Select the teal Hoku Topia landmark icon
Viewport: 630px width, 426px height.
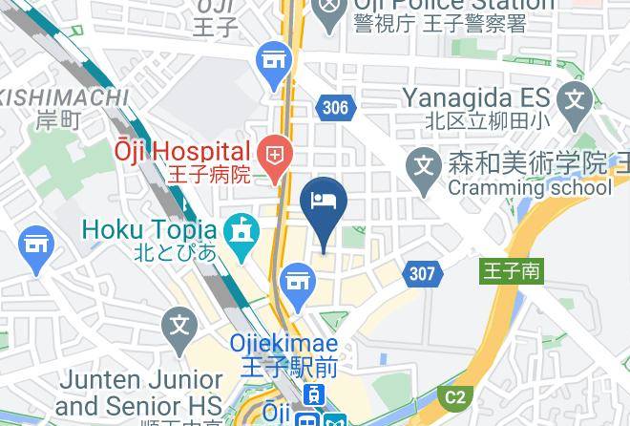(x=241, y=230)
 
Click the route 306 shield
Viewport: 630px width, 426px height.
(x=335, y=108)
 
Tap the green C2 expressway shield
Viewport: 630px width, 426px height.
(x=454, y=396)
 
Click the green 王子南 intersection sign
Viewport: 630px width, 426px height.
(x=510, y=271)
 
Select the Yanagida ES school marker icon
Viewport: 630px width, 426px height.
(x=575, y=97)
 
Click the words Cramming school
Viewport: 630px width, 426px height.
(x=529, y=188)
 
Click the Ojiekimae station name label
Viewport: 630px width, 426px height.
(x=283, y=342)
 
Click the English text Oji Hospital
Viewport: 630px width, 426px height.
(x=182, y=151)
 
